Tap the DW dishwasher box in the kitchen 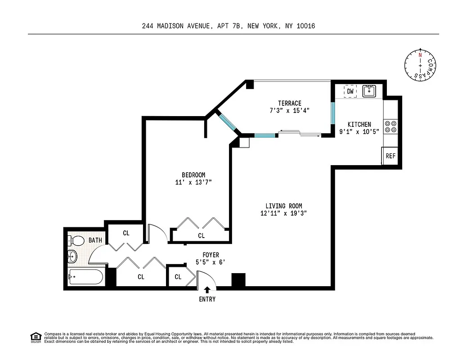(350, 91)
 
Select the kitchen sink (370, 91)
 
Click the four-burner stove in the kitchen (390, 126)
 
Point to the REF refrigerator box (390, 156)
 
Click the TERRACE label (289, 103)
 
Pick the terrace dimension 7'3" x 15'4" (289, 110)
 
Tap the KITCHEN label (359, 124)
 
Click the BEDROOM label (193, 175)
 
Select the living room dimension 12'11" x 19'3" (283, 213)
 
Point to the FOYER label (211, 255)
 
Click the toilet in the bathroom (76, 241)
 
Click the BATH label (95, 240)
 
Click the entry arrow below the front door (207, 290)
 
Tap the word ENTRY (207, 299)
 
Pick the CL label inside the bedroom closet (201, 235)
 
